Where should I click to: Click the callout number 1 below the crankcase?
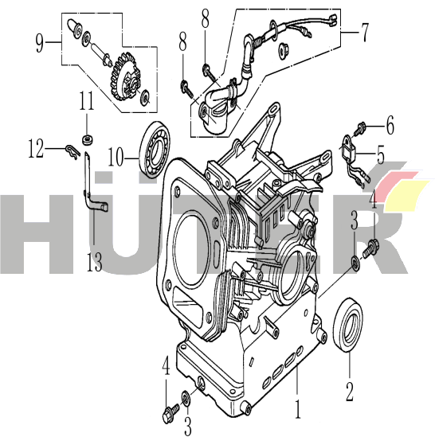pos(298,409)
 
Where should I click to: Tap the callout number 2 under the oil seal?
pos(349,392)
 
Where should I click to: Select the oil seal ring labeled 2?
pos(348,325)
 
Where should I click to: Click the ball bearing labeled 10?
pos(155,150)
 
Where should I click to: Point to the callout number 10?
pos(116,157)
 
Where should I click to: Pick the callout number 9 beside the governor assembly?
pos(40,43)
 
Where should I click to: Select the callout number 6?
pos(390,125)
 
